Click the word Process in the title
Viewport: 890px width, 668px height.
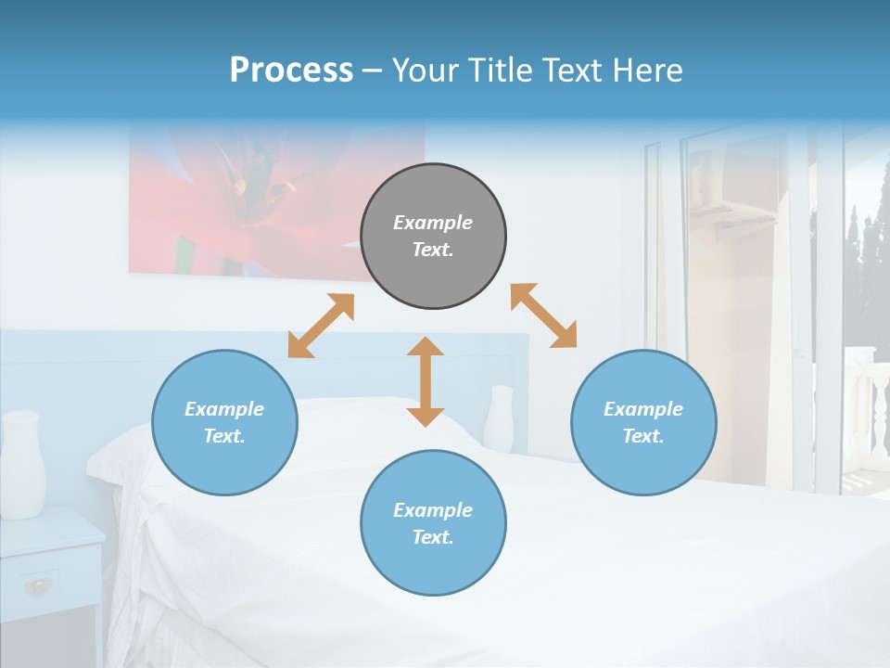(x=291, y=71)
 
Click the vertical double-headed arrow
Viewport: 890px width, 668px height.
(x=426, y=381)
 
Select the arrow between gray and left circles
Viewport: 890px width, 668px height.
(x=321, y=326)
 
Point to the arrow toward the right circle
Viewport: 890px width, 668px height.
(x=543, y=315)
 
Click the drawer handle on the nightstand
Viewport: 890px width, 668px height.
(x=38, y=584)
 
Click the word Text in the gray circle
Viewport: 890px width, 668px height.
(x=432, y=250)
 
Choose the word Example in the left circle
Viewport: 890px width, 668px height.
(x=224, y=409)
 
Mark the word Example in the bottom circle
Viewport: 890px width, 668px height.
(x=433, y=510)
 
